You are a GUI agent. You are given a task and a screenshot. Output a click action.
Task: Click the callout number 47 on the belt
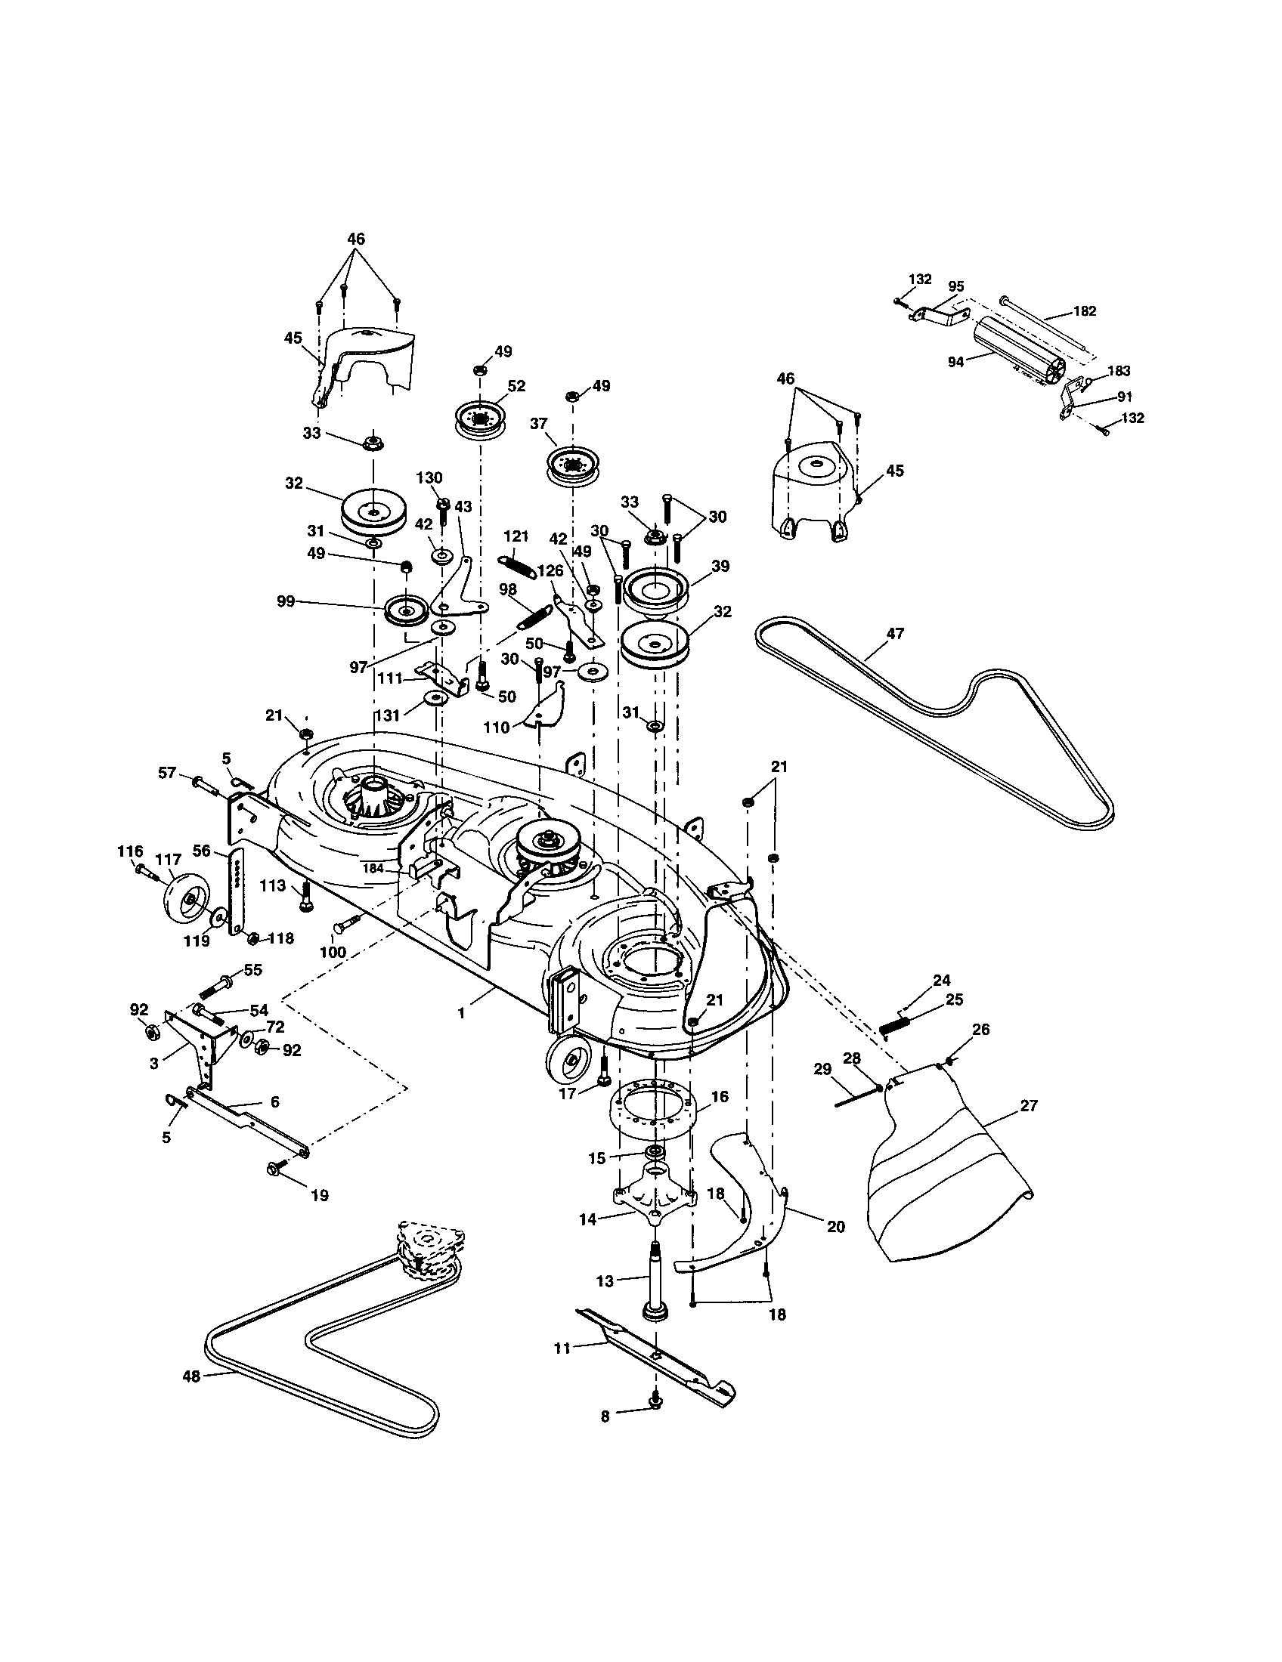point(895,633)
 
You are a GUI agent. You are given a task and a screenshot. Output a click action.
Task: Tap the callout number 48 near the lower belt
point(191,1376)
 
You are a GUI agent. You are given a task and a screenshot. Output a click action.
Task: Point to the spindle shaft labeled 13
point(655,1278)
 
